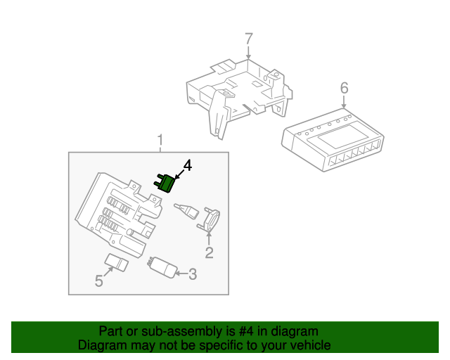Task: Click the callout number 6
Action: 344,88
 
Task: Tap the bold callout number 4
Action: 187,166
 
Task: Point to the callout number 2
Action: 209,252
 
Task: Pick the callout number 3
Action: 192,274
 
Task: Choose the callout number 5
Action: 99,281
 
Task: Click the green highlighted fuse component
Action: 167,183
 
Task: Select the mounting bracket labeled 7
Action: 239,91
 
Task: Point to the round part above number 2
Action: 210,219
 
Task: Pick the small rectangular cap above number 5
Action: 117,262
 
